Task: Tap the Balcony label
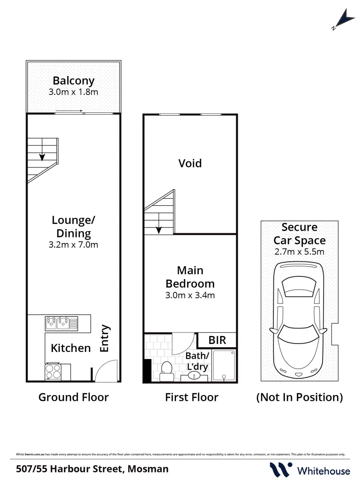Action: [x=73, y=81]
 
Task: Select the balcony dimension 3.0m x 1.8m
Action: [x=73, y=92]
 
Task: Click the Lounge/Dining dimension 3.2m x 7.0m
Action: [x=73, y=244]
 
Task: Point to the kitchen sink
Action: [x=61, y=321]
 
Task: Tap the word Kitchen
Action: [x=71, y=348]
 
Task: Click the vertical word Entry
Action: [x=105, y=339]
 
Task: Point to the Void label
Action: [x=190, y=163]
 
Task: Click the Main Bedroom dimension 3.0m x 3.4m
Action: [x=190, y=295]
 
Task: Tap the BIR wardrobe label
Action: [x=217, y=340]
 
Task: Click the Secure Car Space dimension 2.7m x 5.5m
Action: [x=299, y=252]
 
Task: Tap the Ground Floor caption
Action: [x=73, y=397]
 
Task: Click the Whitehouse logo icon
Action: [x=281, y=469]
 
